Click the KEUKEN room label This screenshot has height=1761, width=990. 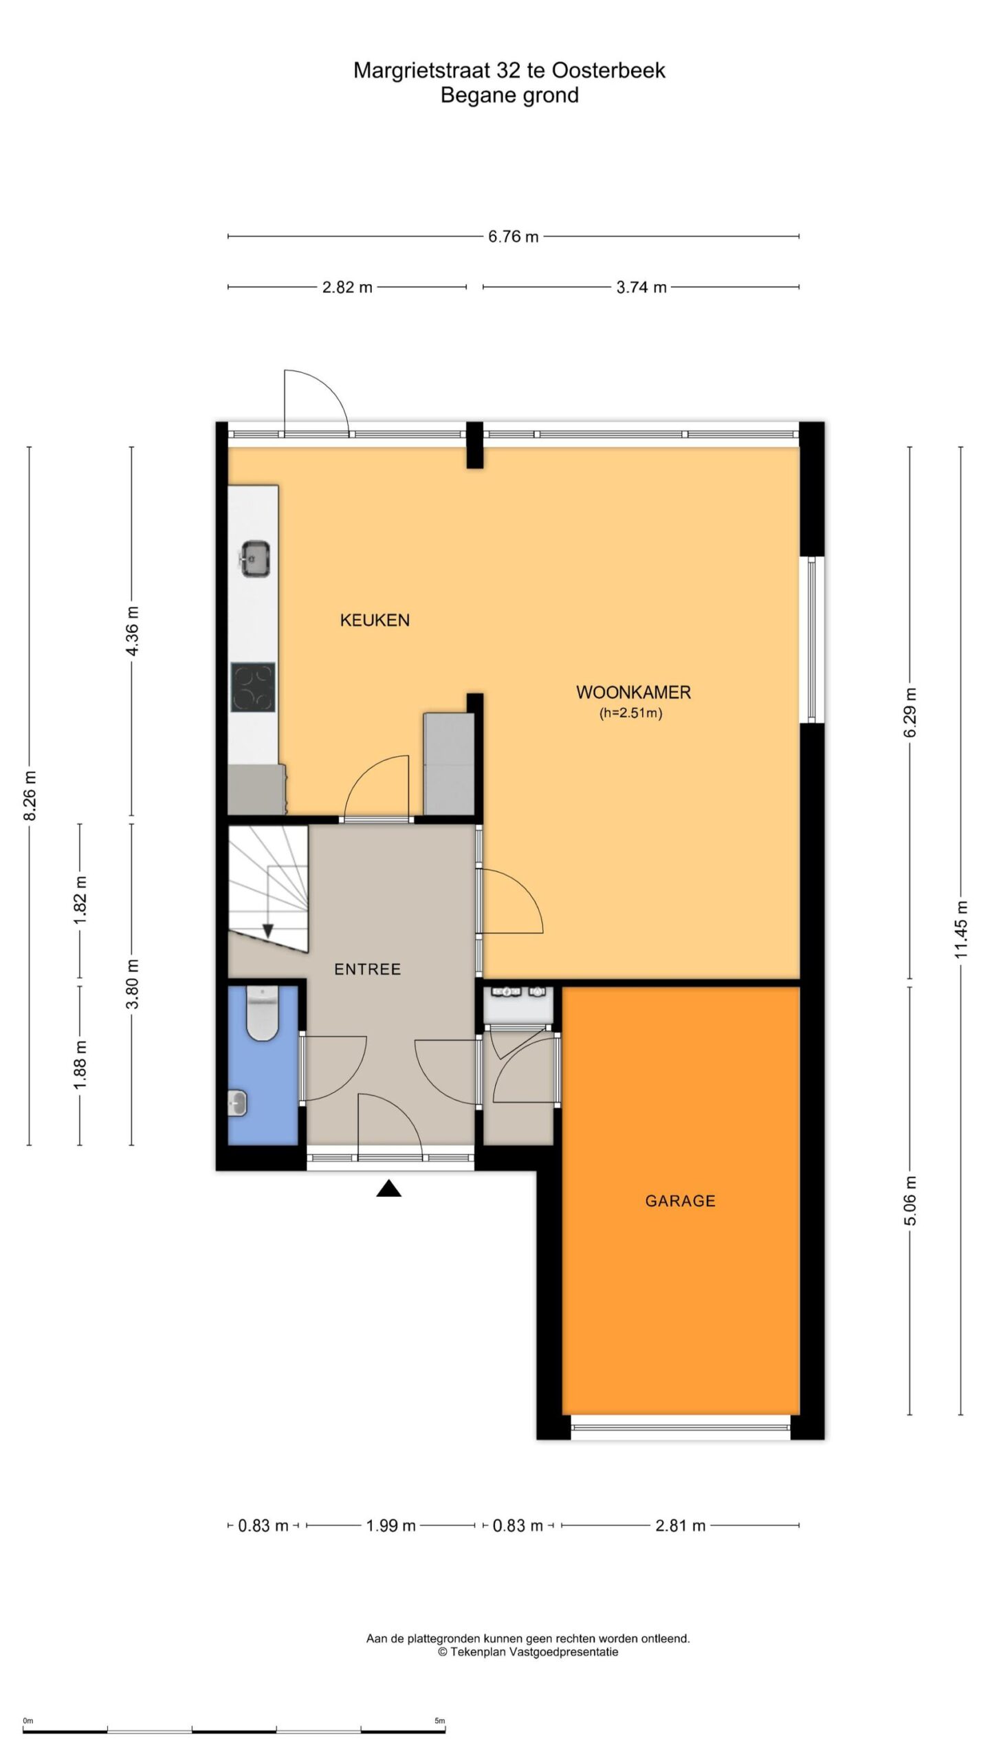pyautogui.click(x=375, y=620)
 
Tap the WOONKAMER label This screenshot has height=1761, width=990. pyautogui.click(x=633, y=692)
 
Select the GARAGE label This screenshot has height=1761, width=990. pyautogui.click(x=680, y=1201)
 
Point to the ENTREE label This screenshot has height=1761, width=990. pyautogui.click(x=367, y=969)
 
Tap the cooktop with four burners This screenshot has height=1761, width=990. pyautogui.click(x=253, y=687)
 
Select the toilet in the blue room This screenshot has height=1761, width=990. pyautogui.click(x=262, y=1013)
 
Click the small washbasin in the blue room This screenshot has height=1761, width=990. pyautogui.click(x=237, y=1104)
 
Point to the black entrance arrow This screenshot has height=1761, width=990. pyautogui.click(x=388, y=1188)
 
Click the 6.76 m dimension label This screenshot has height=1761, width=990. pyautogui.click(x=513, y=237)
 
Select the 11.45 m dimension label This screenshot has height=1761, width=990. pyautogui.click(x=960, y=930)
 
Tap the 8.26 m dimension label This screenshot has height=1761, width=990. pyautogui.click(x=30, y=795)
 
